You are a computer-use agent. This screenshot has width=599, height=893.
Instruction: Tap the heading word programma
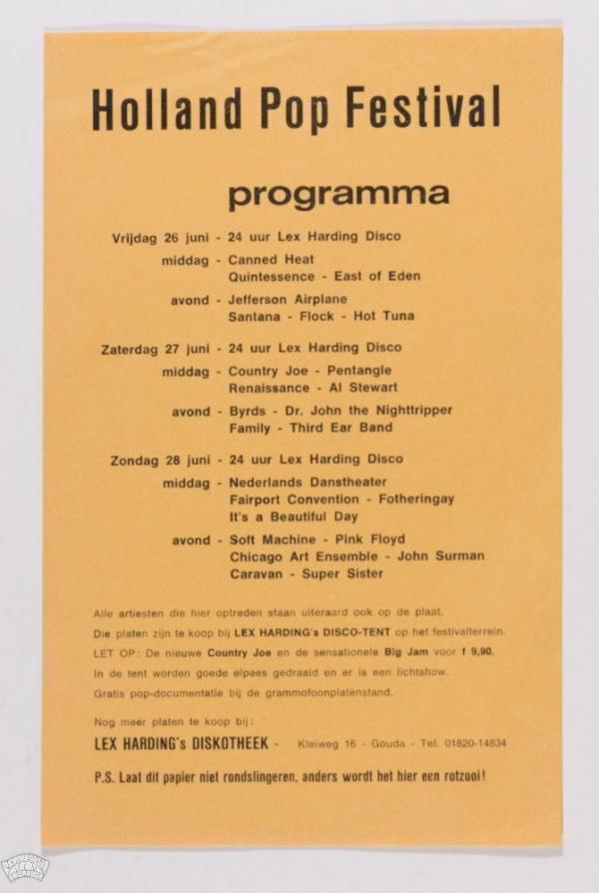tap(338, 195)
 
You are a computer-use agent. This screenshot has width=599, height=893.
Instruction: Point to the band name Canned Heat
tap(272, 260)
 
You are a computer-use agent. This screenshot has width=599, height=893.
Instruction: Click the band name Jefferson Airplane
tap(288, 300)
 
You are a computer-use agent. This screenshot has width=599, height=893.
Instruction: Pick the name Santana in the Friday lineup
tap(257, 317)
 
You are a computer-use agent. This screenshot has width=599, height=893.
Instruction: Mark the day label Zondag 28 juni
tap(160, 459)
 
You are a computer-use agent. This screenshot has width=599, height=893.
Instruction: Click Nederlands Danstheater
tap(308, 482)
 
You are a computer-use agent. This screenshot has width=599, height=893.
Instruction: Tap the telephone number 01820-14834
tap(470, 743)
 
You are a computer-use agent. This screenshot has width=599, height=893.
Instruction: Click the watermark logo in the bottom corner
tap(25, 866)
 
